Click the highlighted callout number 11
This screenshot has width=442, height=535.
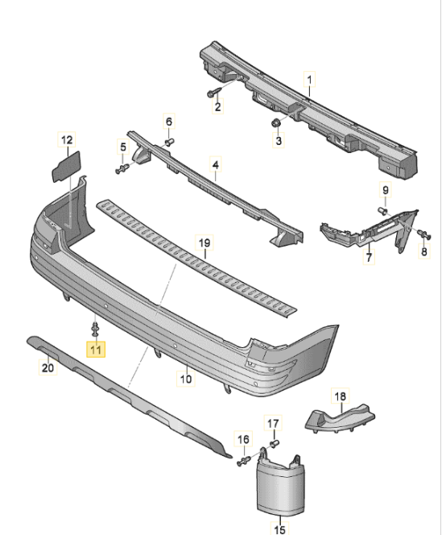[x=96, y=349]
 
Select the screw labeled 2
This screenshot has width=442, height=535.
[x=215, y=92]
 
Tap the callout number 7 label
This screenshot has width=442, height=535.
[x=368, y=259]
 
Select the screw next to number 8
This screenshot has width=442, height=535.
[x=421, y=234]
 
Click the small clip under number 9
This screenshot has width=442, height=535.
[x=384, y=209]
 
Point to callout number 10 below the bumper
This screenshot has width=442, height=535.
[x=185, y=376]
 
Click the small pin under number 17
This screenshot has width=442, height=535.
[x=274, y=442]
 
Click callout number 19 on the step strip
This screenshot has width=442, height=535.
[x=204, y=243]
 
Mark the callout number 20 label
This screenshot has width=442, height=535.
[x=48, y=368]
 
